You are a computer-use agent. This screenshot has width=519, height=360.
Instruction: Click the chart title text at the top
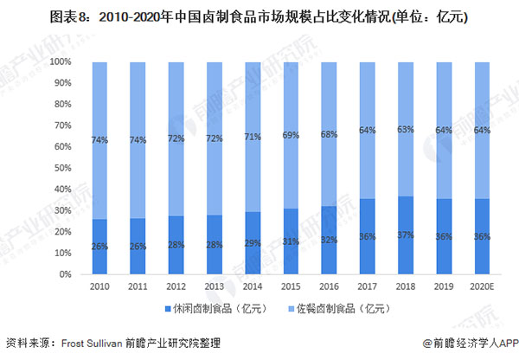coord(259,16)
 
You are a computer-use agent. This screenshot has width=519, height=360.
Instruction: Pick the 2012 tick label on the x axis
coord(176,286)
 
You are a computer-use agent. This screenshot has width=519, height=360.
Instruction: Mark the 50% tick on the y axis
coord(61,168)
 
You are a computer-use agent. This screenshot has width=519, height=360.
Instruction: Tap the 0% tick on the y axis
coord(63,274)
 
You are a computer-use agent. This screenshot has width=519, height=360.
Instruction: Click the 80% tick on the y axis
coord(61,105)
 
